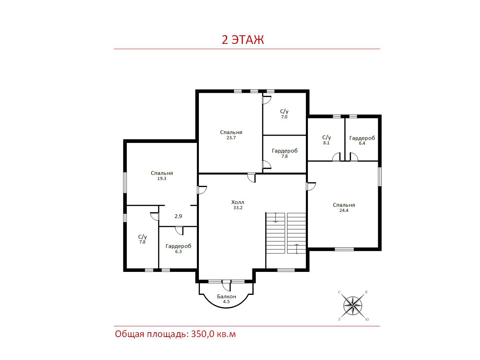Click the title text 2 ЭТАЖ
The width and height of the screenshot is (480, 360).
[x=243, y=40]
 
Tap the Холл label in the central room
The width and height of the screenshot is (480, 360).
[x=238, y=202]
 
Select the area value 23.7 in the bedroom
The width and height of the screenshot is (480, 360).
[x=231, y=138]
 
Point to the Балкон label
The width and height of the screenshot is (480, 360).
[x=227, y=296]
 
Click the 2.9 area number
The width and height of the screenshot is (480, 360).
[x=178, y=216]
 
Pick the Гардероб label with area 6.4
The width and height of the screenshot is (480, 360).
[x=362, y=138]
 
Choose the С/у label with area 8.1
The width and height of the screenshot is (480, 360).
[x=326, y=137]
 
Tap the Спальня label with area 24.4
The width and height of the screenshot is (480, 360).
[x=344, y=205]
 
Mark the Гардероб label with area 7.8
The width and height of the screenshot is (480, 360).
[x=285, y=151]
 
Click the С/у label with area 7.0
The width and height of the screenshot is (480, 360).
[x=284, y=111]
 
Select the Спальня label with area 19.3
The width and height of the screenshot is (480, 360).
[x=162, y=173]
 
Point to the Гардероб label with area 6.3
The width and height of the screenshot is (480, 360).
[x=178, y=246]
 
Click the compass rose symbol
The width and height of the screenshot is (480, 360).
[x=353, y=305]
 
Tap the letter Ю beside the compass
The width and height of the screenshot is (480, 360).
[x=367, y=319]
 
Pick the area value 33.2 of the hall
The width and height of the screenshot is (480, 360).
[x=238, y=208]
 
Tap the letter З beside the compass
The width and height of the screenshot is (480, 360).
[x=339, y=319]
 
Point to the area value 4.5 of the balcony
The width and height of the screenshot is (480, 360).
[x=226, y=302]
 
